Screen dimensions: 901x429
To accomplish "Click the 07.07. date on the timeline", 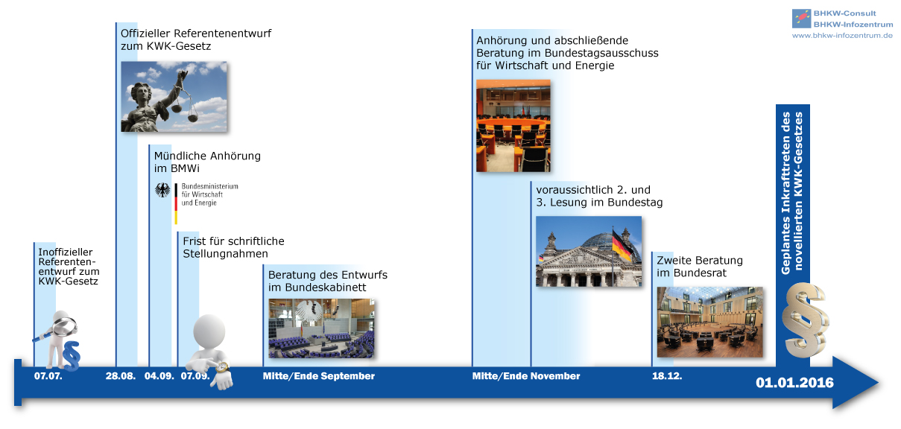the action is (x=48, y=376).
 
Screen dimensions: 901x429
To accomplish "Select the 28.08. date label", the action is (x=121, y=376).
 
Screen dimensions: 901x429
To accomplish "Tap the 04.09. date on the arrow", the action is (x=159, y=376).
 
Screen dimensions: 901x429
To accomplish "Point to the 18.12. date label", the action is (x=667, y=376).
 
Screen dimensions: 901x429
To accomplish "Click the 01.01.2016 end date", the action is (x=794, y=382).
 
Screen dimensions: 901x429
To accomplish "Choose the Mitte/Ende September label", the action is (x=318, y=376).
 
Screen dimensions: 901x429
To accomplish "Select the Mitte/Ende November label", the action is (x=526, y=376).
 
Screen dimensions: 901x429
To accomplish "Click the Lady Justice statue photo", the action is (x=174, y=97).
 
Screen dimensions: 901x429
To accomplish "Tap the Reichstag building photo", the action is (x=589, y=251).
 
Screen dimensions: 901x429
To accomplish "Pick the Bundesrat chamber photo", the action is (x=710, y=322).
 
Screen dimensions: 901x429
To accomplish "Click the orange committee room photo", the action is (x=513, y=126).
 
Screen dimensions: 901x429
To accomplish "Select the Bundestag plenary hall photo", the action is (x=321, y=328).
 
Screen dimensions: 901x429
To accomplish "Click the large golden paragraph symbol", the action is (x=804, y=320).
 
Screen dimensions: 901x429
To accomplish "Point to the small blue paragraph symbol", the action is (x=72, y=356).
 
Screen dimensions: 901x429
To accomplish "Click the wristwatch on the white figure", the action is (x=222, y=367).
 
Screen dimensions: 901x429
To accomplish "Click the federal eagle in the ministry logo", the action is (x=162, y=190).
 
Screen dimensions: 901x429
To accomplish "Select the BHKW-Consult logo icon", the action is (x=801, y=19).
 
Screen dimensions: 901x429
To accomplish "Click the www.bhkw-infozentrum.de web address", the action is (x=842, y=36).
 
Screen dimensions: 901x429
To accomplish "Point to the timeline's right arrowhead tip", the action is (x=879, y=382).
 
